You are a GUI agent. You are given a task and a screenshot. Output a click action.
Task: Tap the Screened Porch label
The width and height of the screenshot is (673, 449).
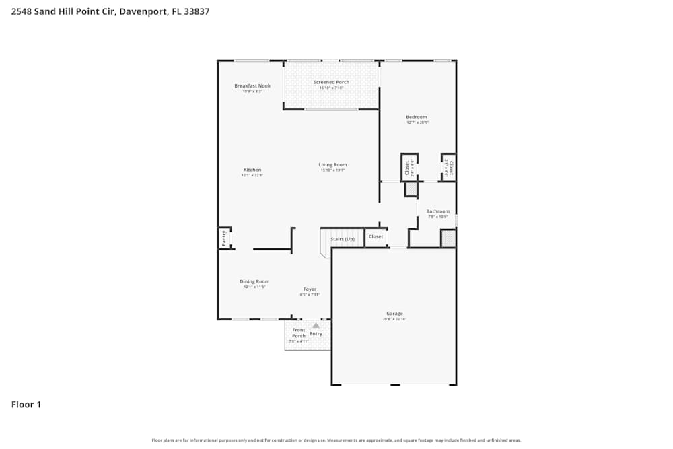point(331,82)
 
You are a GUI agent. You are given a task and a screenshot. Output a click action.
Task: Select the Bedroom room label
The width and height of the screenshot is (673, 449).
point(417,117)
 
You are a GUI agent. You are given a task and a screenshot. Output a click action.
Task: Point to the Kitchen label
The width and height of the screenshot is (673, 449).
point(252,170)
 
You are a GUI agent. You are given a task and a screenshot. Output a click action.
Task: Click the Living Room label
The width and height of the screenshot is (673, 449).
point(332,164)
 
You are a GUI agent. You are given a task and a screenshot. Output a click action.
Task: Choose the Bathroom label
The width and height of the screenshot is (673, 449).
point(437,211)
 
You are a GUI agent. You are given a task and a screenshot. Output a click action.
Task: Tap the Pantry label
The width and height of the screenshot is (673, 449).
point(224,238)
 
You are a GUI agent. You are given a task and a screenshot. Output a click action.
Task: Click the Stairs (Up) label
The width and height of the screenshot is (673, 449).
point(342,238)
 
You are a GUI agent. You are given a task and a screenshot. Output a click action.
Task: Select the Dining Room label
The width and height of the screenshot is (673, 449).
point(254,281)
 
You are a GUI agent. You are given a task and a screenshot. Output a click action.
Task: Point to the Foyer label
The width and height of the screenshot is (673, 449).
point(310,289)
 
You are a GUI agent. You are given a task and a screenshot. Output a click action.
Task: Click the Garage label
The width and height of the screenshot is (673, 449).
point(394,314)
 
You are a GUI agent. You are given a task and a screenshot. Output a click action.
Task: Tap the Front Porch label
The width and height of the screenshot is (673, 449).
point(298,333)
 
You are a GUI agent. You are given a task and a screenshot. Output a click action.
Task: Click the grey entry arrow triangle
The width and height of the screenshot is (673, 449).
point(316,325)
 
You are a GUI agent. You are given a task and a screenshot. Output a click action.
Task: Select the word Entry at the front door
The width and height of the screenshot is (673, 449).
point(316,334)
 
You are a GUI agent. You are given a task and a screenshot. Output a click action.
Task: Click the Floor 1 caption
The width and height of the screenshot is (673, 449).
point(26,405)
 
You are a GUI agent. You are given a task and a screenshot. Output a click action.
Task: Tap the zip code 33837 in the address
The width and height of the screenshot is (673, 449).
point(196,11)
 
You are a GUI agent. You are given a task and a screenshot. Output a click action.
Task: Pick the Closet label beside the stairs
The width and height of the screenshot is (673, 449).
point(376,237)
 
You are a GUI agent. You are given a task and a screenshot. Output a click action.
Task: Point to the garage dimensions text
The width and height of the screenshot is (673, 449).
point(394,319)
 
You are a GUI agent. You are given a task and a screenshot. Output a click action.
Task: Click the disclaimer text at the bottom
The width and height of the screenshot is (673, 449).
point(336,440)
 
